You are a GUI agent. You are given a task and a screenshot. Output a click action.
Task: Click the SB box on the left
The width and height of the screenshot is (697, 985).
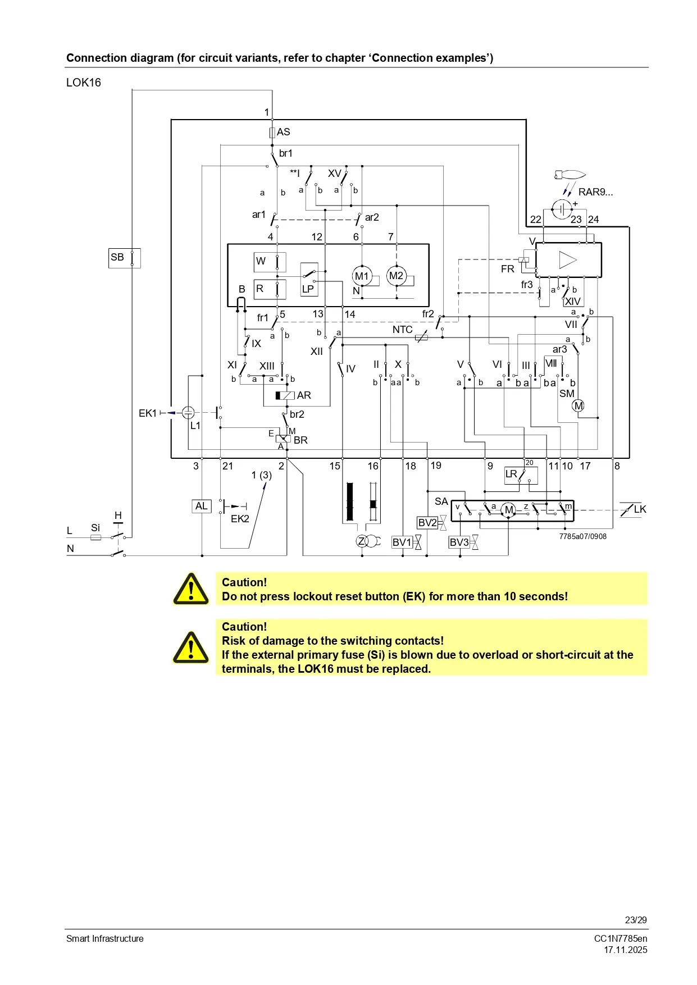(x=124, y=258)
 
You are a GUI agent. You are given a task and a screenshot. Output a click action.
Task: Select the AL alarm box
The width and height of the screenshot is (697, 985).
(x=202, y=506)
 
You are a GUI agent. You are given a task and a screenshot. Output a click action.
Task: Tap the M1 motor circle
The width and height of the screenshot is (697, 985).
(x=362, y=276)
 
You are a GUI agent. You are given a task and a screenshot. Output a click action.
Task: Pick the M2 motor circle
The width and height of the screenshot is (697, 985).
(x=397, y=276)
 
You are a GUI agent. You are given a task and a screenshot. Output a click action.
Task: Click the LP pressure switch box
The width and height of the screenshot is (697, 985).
(x=309, y=280)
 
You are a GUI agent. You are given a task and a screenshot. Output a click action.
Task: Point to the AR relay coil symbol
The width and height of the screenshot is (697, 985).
(x=285, y=395)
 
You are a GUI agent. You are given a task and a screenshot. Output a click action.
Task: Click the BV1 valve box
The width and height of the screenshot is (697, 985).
(x=402, y=542)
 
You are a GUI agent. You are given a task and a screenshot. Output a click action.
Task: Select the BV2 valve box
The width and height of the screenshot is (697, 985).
(x=427, y=523)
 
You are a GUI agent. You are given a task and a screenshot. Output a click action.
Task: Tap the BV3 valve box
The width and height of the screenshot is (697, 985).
(x=459, y=542)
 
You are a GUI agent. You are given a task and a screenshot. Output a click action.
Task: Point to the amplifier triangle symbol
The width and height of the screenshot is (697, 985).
(x=568, y=260)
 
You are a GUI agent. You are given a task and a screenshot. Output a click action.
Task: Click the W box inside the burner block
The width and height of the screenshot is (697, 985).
(x=270, y=262)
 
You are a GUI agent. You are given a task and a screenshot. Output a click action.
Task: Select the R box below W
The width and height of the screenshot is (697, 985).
(x=270, y=289)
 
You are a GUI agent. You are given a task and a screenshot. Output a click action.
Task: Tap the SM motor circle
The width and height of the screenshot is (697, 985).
(x=578, y=405)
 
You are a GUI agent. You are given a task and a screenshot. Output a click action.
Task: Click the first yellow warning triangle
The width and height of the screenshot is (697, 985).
(x=191, y=589)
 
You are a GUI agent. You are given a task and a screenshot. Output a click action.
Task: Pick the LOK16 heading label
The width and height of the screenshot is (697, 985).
(x=84, y=83)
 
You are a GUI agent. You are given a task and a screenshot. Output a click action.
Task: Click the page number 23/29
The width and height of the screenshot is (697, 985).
(x=636, y=920)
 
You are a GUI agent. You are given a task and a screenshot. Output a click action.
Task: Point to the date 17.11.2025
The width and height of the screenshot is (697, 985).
(x=625, y=950)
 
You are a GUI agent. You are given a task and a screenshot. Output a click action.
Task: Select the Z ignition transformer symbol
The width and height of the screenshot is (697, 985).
(x=363, y=541)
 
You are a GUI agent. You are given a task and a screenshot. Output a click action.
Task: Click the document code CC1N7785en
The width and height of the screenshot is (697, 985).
(x=621, y=938)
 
